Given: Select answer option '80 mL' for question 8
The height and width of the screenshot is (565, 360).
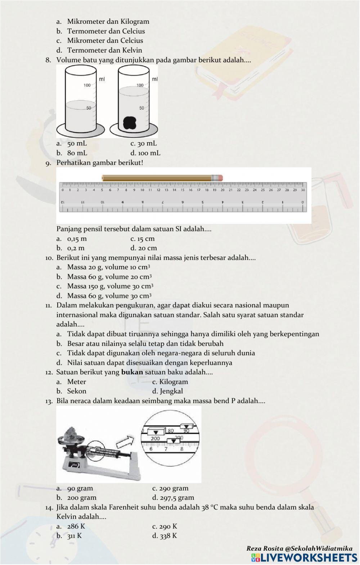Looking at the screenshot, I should point(77,153).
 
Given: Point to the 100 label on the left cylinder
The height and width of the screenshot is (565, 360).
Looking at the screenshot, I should point(87,85).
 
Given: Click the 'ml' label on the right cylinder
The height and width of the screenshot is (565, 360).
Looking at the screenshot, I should point(155,79).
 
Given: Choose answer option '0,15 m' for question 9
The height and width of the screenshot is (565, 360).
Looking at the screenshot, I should point(77,239).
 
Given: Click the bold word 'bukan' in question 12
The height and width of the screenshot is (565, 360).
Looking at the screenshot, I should point(132,372).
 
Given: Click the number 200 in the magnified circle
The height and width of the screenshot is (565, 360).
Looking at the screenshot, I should point(155,439).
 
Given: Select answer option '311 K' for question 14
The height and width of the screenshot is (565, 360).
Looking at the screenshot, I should point(74,536).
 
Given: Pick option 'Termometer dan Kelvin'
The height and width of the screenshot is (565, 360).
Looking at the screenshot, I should point(104,50).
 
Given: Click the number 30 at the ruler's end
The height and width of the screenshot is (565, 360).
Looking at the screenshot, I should point(303,190).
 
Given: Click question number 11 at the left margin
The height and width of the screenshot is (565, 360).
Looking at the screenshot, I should point(49,306).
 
